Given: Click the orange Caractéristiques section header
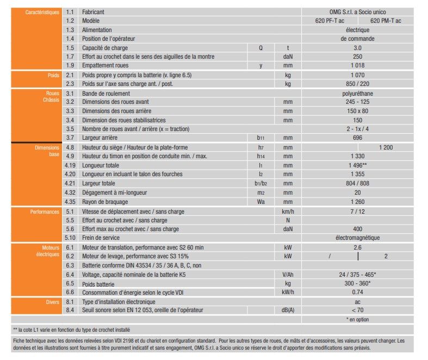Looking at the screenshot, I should [x=42, y=12].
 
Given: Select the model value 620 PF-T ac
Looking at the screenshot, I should [x=336, y=21].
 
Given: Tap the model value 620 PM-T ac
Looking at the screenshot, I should [x=386, y=21].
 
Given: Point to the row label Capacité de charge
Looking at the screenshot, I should [x=105, y=48].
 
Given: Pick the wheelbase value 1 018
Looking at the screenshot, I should [x=357, y=66].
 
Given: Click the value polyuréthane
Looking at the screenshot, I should [x=357, y=94].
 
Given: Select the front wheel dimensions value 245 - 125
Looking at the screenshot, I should [x=357, y=102].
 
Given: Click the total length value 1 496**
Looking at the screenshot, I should [x=357, y=165].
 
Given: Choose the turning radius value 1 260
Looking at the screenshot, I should [x=357, y=202].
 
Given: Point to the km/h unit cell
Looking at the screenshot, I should [x=288, y=211].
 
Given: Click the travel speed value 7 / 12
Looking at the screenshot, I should [x=357, y=211].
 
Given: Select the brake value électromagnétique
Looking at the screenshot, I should [x=357, y=238].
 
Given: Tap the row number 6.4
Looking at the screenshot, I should [x=69, y=275].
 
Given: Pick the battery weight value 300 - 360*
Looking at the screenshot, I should [x=357, y=284].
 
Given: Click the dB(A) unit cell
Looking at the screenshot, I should [x=288, y=310].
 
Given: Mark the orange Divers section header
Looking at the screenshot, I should [x=52, y=301].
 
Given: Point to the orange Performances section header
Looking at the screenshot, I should [x=45, y=211].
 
